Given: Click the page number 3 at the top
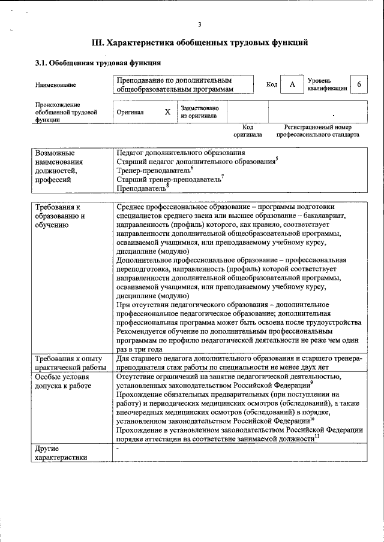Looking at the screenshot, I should click(200, 24).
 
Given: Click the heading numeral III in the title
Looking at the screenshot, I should click(98, 43).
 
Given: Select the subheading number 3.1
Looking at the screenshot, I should click(41, 62).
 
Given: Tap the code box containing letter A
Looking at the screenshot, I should click(292, 85).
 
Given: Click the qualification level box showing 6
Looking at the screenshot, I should click(359, 85).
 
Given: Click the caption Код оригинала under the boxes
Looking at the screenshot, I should click(248, 131).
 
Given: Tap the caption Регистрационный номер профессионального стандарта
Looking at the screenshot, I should click(318, 131).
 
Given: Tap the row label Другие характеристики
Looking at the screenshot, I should click(57, 453).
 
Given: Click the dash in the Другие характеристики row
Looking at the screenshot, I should click(118, 449).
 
